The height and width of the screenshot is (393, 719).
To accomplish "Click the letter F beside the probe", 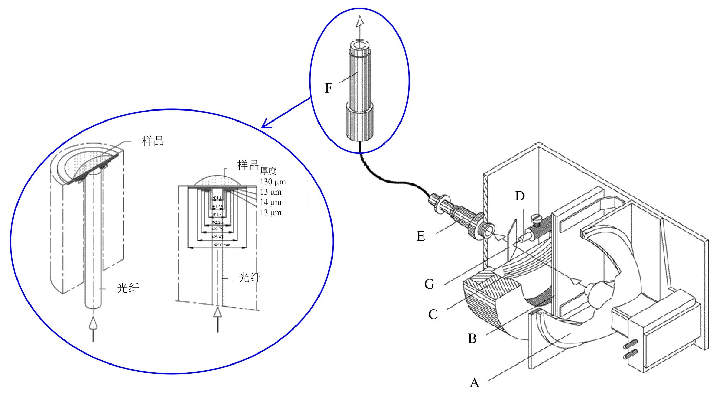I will [x=328, y=89].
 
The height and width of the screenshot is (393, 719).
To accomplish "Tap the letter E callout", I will [x=421, y=236].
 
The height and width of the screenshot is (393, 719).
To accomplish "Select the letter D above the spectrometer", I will [x=520, y=196].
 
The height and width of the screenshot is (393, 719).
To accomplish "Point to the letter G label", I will [x=429, y=284].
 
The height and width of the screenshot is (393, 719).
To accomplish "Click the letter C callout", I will [x=433, y=314].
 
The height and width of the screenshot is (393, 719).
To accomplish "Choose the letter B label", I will [x=472, y=338].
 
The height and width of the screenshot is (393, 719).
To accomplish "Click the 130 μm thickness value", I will [x=272, y=182].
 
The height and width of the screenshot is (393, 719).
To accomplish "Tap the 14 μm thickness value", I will [x=270, y=203].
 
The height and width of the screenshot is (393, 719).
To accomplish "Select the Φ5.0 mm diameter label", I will [x=222, y=245].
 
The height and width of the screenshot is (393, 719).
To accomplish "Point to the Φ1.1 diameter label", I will [x=217, y=197].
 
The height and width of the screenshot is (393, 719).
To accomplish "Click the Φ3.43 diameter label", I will [x=218, y=237].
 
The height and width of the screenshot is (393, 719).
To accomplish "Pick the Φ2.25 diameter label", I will [x=218, y=222].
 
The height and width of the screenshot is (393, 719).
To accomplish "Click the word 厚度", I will [x=268, y=171].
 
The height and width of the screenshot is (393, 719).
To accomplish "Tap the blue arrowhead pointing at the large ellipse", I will [x=266, y=124].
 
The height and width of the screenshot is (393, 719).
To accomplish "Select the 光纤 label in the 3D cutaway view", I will [x=128, y=289].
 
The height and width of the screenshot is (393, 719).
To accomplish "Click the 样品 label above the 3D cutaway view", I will [x=153, y=141].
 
